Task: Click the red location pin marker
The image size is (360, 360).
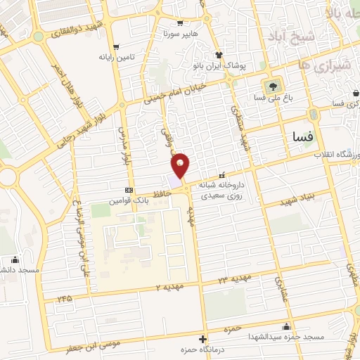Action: point(181,165)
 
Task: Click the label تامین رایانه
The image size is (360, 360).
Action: point(116,56)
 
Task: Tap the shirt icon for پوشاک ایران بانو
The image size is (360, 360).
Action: point(219,54)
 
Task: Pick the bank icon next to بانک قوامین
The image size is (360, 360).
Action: point(128,190)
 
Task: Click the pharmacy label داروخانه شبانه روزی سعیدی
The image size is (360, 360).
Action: point(224,190)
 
